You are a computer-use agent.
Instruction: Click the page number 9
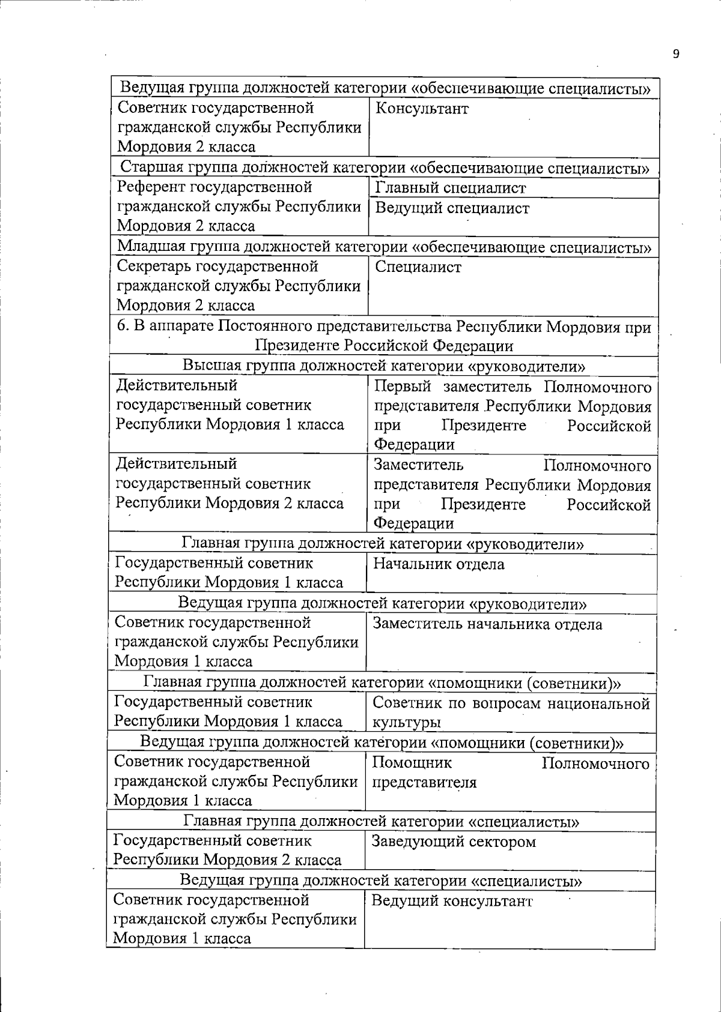676,54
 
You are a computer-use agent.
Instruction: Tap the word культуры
407,723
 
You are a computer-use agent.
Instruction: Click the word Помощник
412,763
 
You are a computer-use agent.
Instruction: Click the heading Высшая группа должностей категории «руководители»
383,366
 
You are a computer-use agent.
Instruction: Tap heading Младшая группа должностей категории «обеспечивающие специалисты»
383,247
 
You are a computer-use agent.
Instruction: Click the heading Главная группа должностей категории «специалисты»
382,821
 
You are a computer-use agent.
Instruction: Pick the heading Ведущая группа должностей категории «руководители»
382,603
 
